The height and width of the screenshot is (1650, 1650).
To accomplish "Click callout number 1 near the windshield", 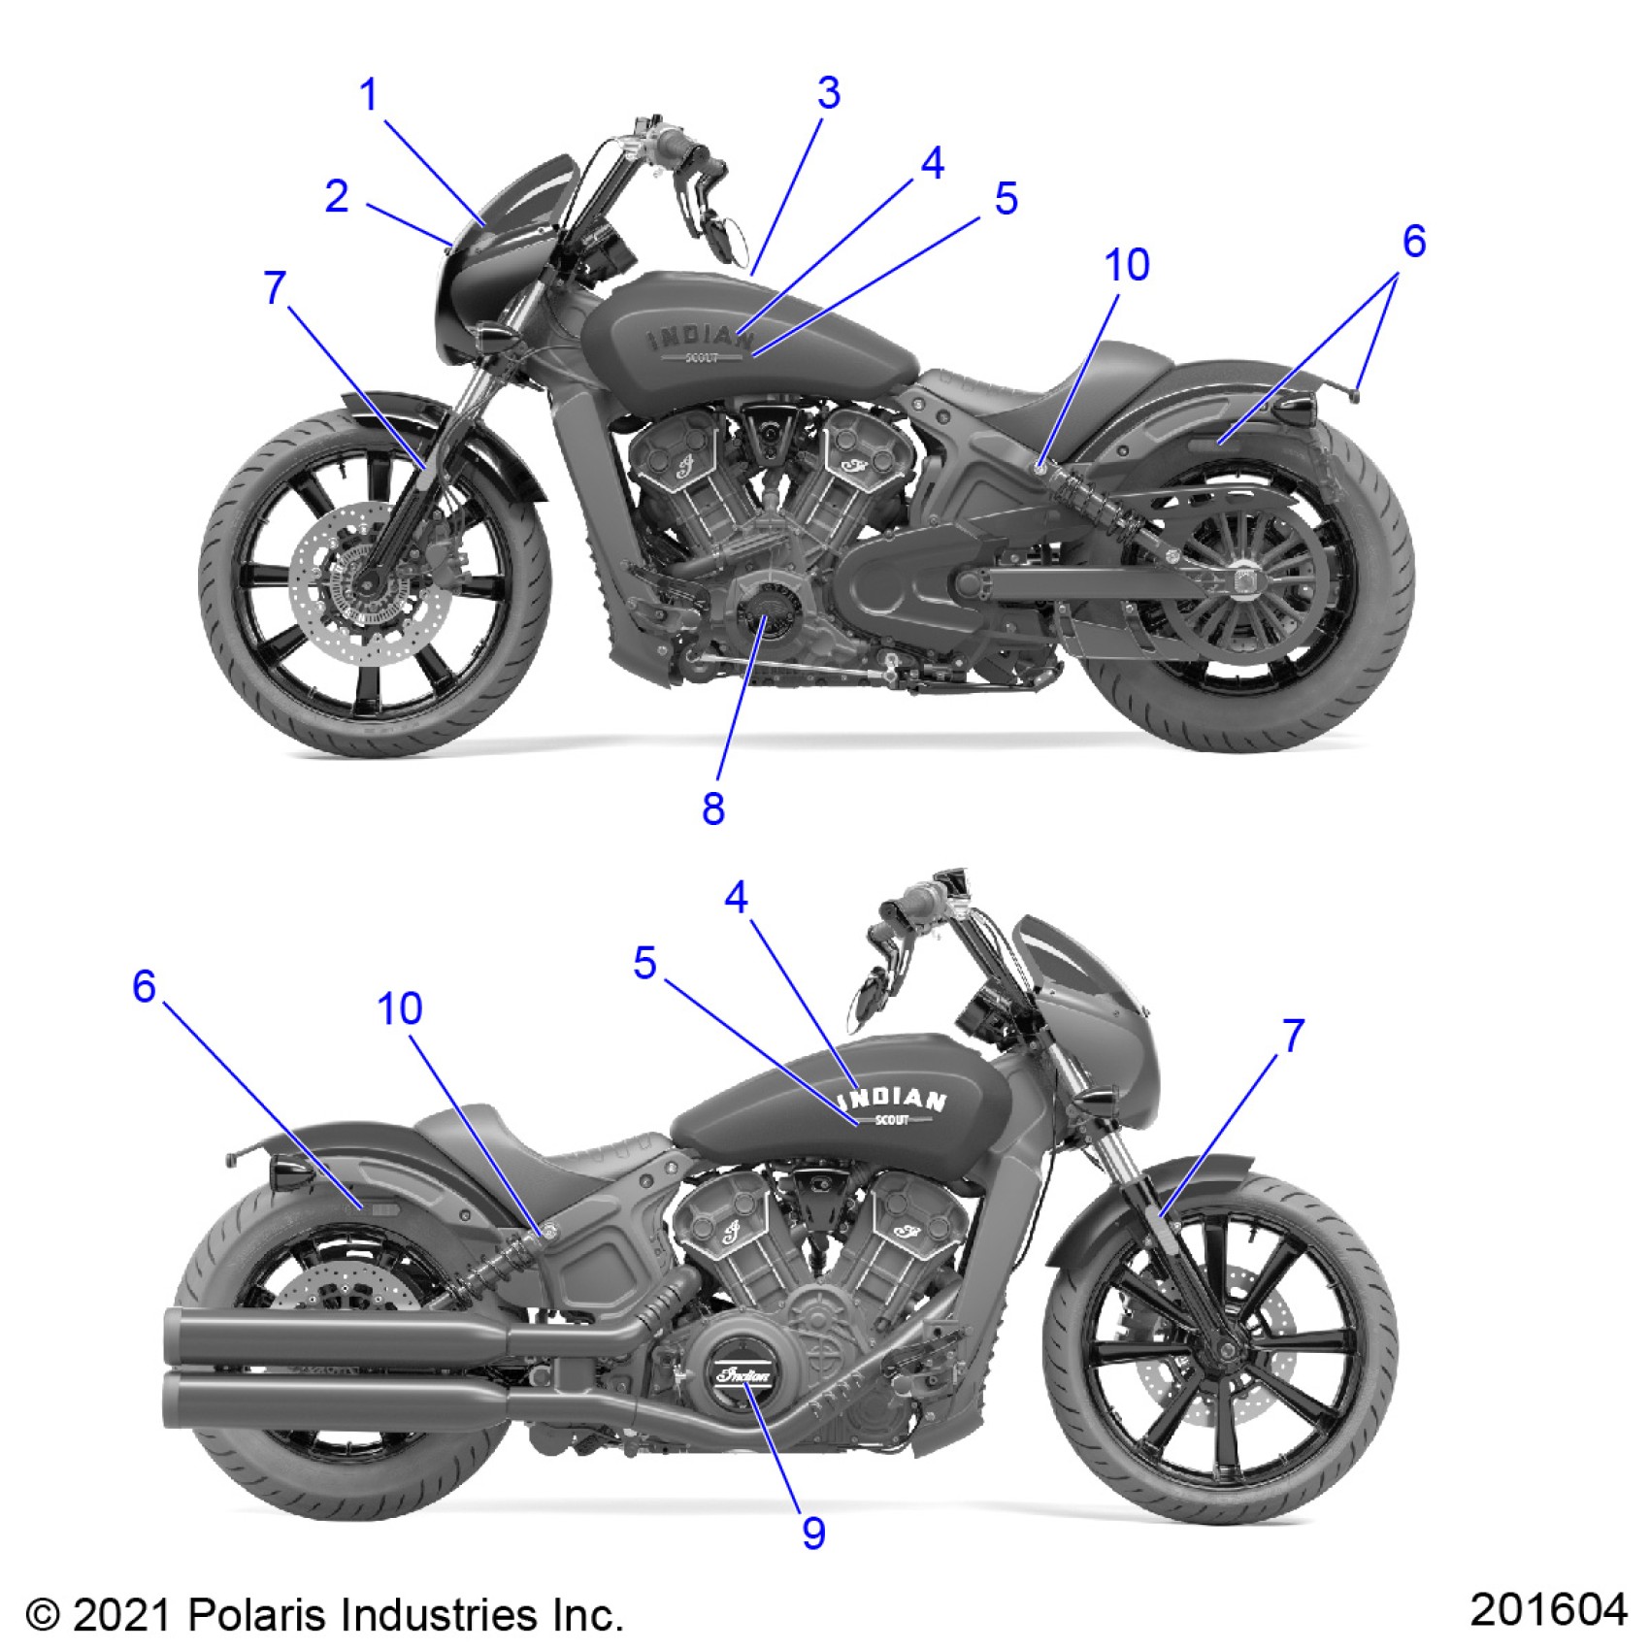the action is point(368,95).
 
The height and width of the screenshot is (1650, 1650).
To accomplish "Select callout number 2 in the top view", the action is point(337,197).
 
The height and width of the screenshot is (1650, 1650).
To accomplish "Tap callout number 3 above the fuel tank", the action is point(828,93).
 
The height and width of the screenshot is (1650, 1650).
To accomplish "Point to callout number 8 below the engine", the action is point(713,808).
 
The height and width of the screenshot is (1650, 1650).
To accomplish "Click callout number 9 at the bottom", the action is point(813,1532).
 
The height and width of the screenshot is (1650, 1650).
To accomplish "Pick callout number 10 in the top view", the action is point(1127,265).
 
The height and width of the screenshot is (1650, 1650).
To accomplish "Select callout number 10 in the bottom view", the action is point(399,1009).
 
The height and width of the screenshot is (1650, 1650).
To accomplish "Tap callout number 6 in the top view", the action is point(1414,241).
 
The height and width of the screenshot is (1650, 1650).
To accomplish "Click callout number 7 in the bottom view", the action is point(1293,1036).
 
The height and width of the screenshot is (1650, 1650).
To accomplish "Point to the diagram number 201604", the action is point(1547,1608).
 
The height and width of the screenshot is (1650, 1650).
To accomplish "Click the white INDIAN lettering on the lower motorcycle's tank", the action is point(893,1099).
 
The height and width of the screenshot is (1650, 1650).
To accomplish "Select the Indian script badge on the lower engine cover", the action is point(743,1375).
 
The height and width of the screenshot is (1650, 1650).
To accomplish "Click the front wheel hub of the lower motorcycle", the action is point(1229,1350).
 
